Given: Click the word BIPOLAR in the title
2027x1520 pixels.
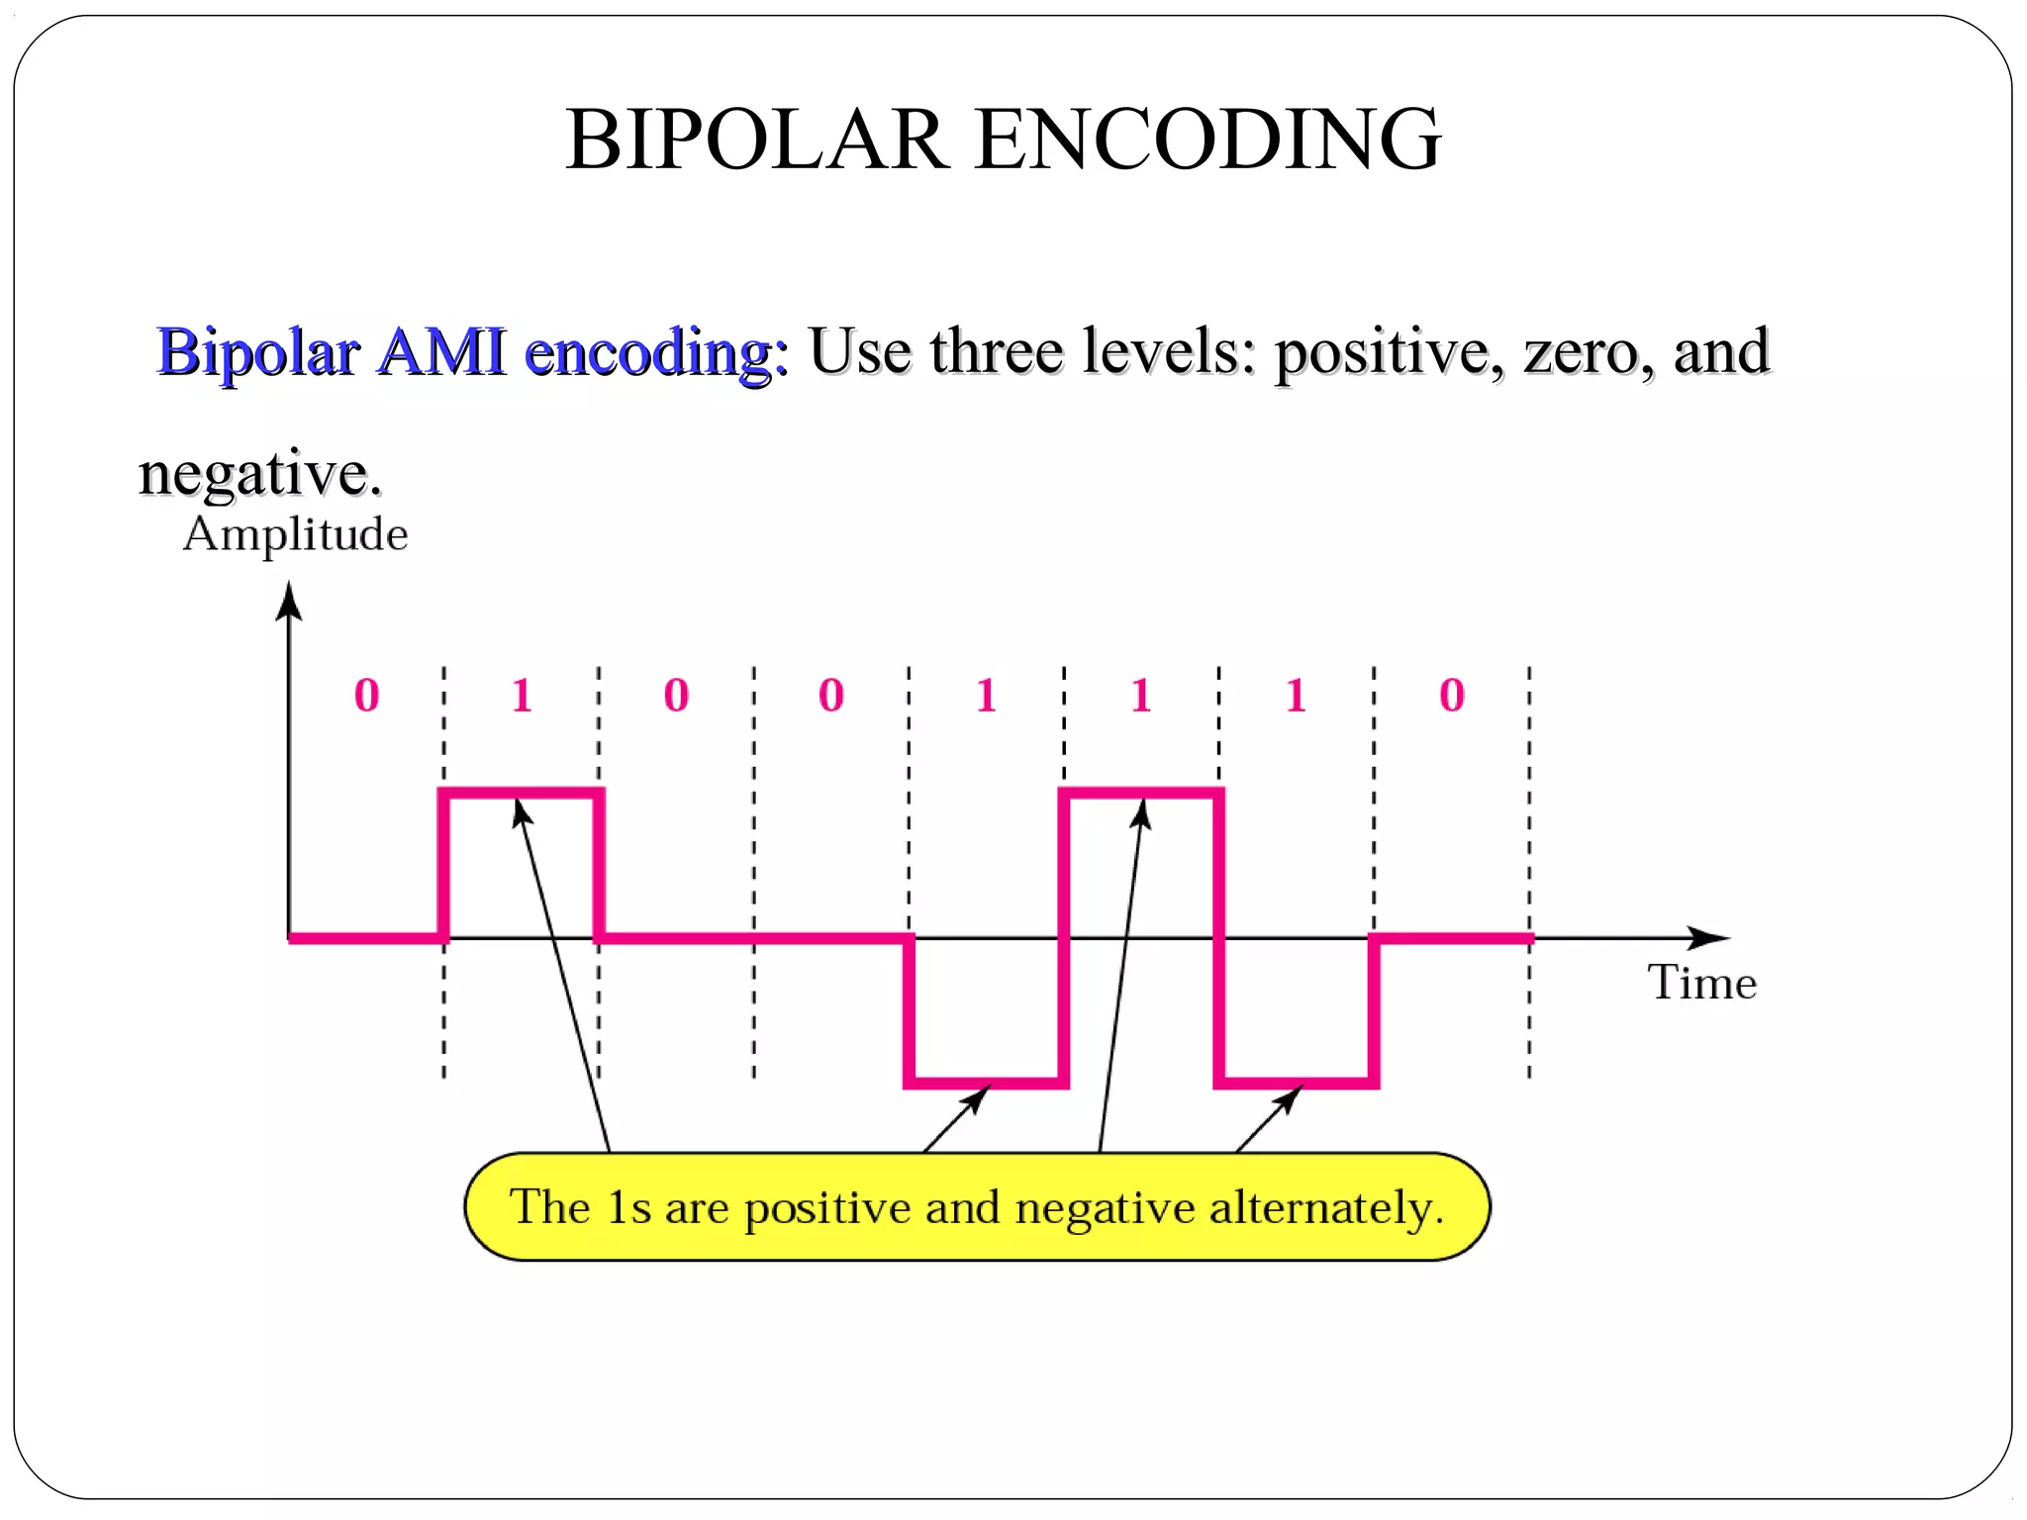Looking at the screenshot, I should click(x=756, y=140).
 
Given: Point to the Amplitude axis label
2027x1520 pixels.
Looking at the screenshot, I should click(x=295, y=534).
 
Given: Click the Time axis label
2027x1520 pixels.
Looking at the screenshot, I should click(x=1701, y=983).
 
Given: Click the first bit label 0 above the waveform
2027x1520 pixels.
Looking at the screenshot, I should click(x=366, y=695).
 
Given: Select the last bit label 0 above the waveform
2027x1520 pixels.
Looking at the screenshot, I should click(x=1451, y=695).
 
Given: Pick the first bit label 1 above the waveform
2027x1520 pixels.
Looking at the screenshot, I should click(x=522, y=695).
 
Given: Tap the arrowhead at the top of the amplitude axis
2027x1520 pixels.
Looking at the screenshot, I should click(x=289, y=600).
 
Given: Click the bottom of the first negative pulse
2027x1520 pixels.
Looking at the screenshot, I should click(x=986, y=1083).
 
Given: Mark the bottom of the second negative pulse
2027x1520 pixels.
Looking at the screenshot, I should click(x=1297, y=1083).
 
